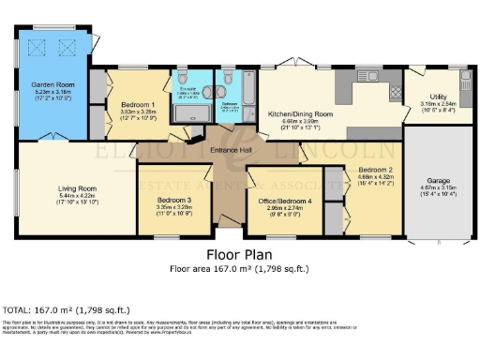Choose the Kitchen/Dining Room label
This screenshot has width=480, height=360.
point(300,113)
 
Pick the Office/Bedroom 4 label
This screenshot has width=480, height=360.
point(285,202)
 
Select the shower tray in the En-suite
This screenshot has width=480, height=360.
point(193,111)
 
